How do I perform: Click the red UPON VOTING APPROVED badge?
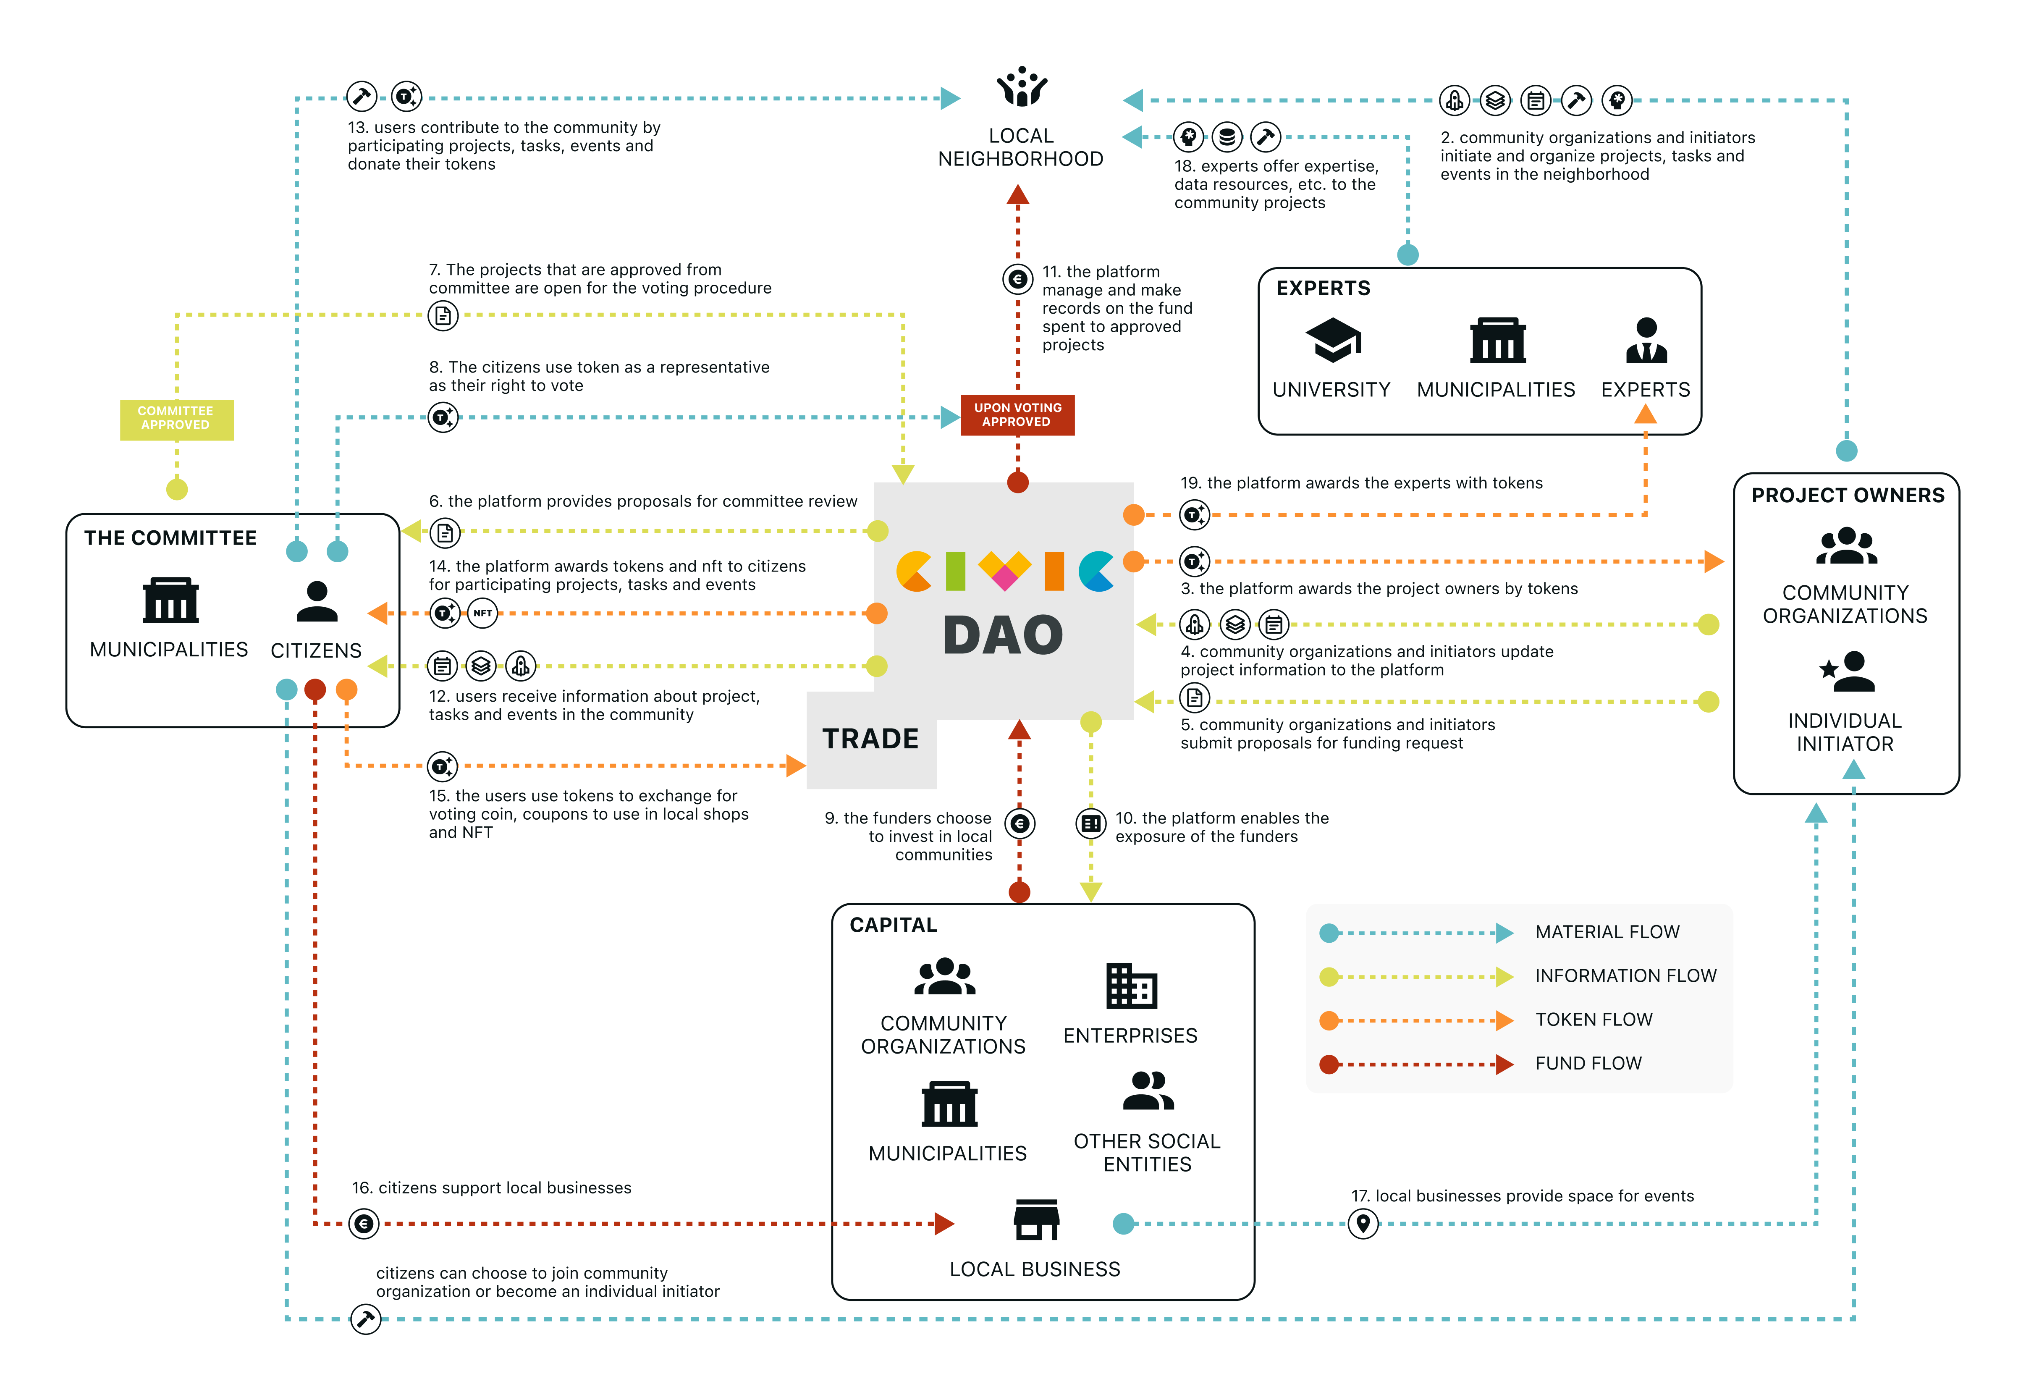point(1017,415)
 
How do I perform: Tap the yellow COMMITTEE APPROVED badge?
point(176,418)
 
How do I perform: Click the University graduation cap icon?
point(1332,339)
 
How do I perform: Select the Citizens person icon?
point(317,602)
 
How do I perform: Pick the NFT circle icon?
point(482,613)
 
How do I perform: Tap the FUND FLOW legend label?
point(1588,1063)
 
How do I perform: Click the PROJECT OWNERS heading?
point(1847,496)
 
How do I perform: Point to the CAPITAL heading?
point(893,925)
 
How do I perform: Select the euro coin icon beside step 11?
point(1017,280)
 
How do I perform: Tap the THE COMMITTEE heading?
point(170,538)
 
